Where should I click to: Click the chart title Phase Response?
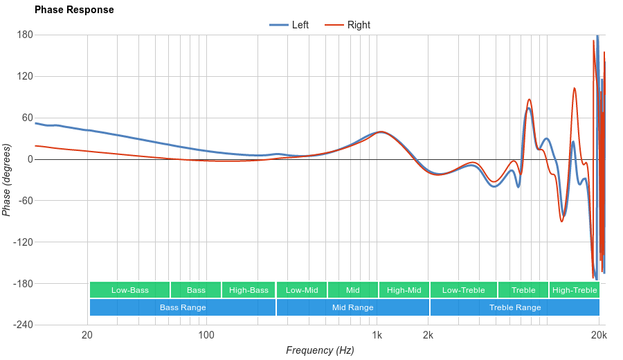74,10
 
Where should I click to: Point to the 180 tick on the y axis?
25,35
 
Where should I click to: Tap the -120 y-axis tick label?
22,242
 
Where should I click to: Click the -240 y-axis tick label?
22,325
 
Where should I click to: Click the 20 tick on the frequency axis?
87,336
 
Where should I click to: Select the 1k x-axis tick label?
377,336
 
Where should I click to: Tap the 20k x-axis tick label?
599,336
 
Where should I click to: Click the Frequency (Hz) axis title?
320,350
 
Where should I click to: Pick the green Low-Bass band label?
129,290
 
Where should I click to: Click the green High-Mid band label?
404,290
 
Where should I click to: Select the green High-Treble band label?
575,290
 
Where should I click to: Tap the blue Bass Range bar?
183,307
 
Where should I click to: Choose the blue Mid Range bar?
352,307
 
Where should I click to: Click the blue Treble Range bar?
515,307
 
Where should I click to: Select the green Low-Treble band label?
463,290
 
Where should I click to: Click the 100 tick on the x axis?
206,336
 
